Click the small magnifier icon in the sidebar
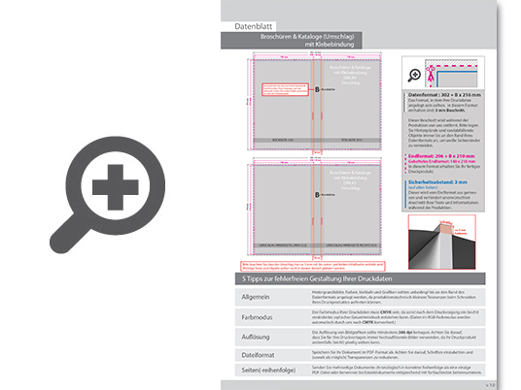tap(414, 74)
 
